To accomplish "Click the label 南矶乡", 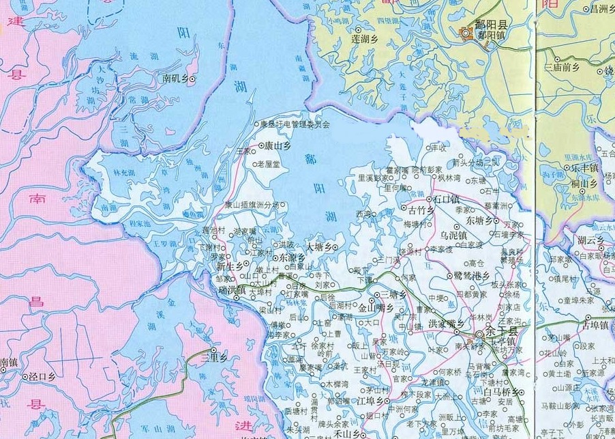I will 177,79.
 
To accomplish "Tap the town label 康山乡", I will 277,145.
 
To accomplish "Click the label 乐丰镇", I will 585,167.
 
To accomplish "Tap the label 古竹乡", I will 420,210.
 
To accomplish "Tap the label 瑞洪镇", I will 232,292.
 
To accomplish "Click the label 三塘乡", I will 393,295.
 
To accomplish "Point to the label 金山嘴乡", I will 376,308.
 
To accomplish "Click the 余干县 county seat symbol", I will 481,334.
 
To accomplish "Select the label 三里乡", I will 217,356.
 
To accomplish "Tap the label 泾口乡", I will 42,376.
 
